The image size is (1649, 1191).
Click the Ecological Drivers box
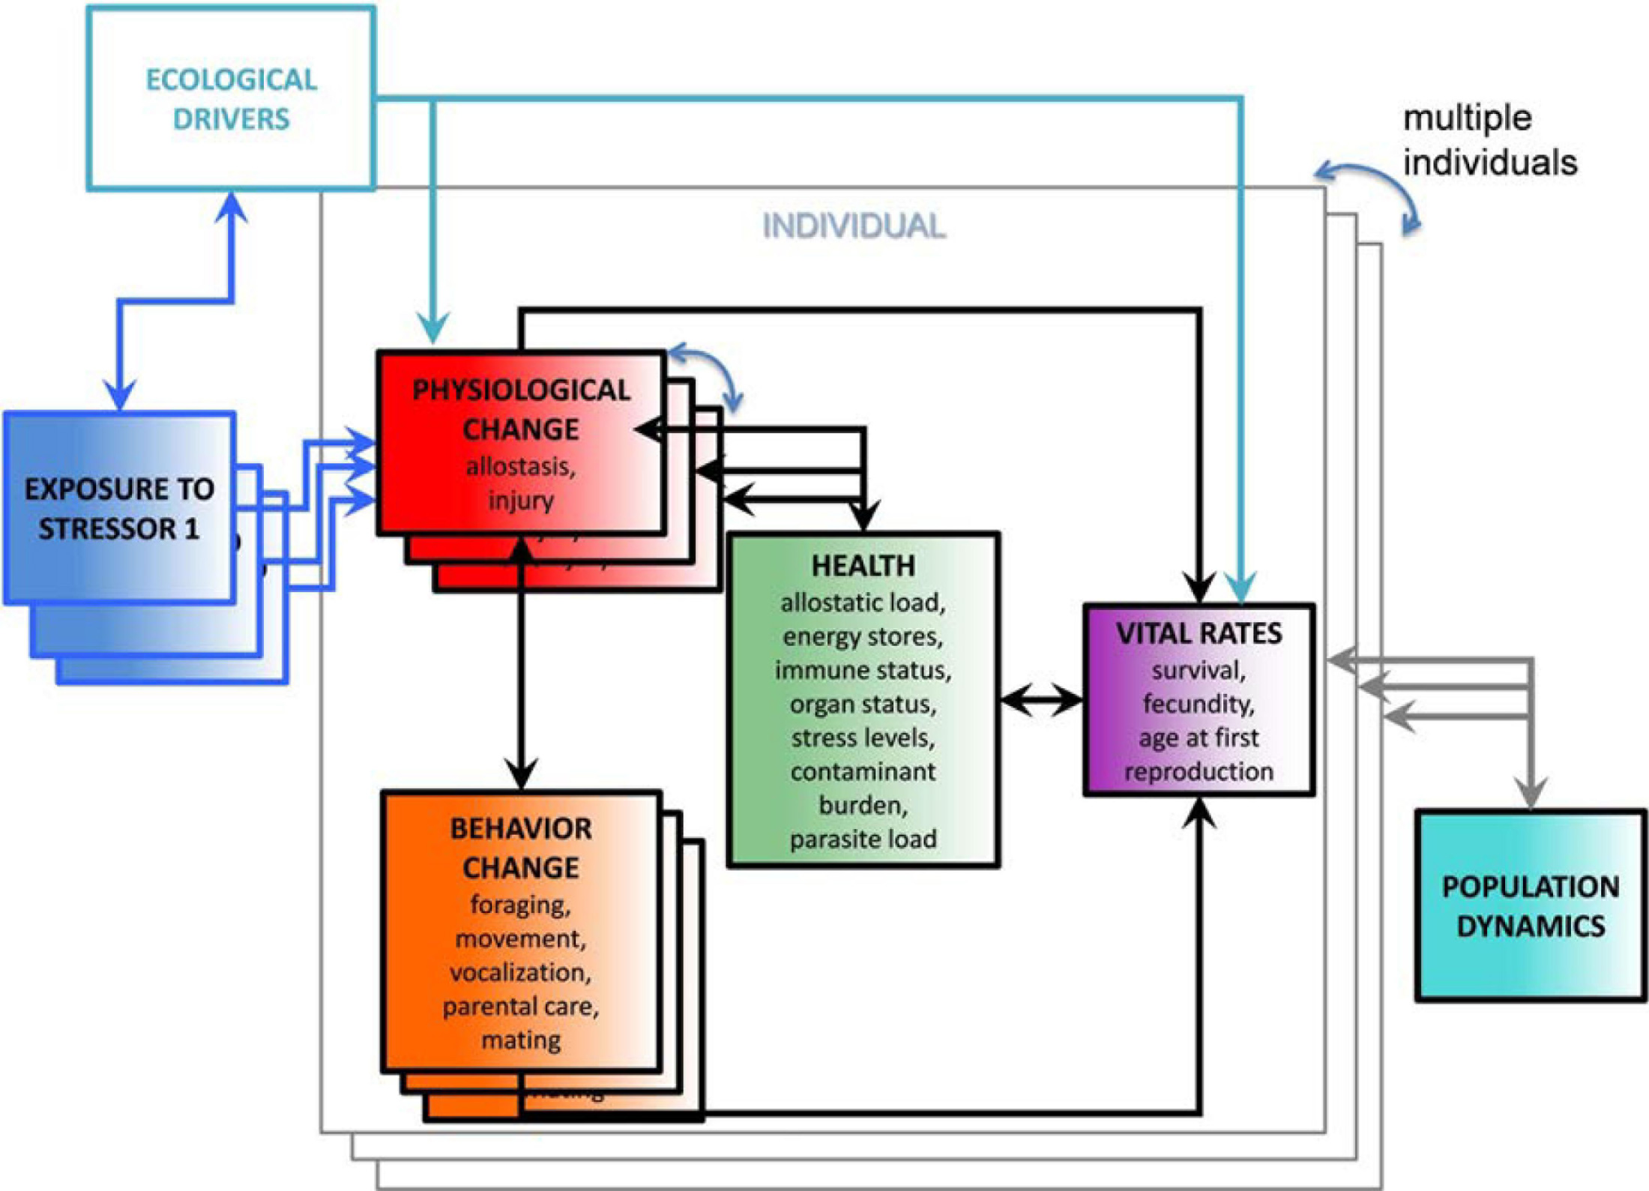pyautogui.click(x=231, y=99)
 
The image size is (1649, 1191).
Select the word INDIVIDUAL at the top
pyautogui.click(x=854, y=226)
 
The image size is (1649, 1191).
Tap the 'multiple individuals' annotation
pyautogui.click(x=1489, y=140)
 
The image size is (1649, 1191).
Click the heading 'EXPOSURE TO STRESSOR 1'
pyautogui.click(x=119, y=509)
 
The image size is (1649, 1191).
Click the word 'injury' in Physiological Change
pyautogui.click(x=521, y=500)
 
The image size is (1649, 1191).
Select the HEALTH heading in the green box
pyautogui.click(x=863, y=566)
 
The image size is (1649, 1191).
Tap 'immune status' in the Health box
pyautogui.click(x=863, y=670)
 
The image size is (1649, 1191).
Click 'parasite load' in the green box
pyautogui.click(x=863, y=839)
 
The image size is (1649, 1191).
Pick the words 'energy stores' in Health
pyautogui.click(x=863, y=637)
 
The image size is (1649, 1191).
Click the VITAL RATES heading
pyautogui.click(x=1199, y=634)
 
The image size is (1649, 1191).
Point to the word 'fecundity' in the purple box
pyautogui.click(x=1199, y=704)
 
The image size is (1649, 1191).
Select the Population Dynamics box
pyautogui.click(x=1531, y=905)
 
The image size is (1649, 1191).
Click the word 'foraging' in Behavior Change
pyautogui.click(x=520, y=905)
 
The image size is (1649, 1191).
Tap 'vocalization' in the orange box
pyautogui.click(x=520, y=972)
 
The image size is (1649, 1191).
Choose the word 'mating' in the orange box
pyautogui.click(x=521, y=1040)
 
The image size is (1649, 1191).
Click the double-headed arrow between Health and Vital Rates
pyautogui.click(x=1042, y=701)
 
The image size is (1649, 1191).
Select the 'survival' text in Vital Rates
pyautogui.click(x=1199, y=670)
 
